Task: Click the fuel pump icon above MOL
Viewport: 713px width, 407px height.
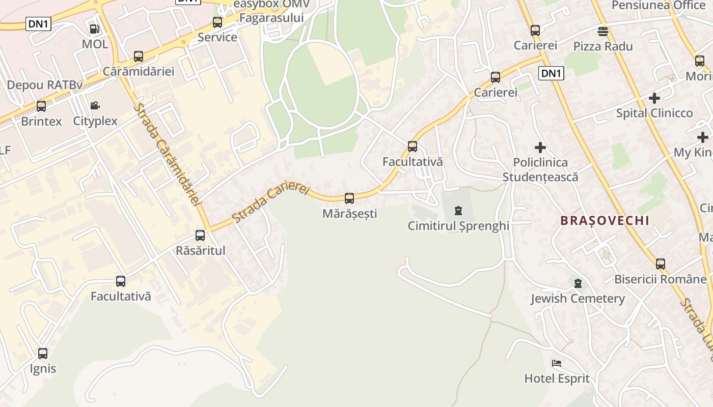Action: (x=94, y=29)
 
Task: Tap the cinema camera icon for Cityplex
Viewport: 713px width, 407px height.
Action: (x=95, y=106)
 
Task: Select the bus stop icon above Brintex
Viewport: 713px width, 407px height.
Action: (x=41, y=106)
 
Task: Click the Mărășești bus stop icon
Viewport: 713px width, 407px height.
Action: (x=349, y=198)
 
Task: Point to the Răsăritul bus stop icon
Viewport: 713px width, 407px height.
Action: (x=200, y=236)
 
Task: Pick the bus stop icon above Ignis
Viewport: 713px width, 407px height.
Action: (x=43, y=353)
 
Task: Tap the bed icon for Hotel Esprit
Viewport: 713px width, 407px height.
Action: (x=557, y=363)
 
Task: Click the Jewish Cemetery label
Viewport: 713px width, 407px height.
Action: (x=578, y=299)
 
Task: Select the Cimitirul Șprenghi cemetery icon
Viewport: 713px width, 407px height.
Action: (x=458, y=210)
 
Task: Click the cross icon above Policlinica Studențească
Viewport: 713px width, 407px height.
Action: (x=540, y=148)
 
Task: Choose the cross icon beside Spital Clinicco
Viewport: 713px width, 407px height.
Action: (x=654, y=98)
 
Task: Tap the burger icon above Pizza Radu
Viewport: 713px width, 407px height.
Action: (x=603, y=31)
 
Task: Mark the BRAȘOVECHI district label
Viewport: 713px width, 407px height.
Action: (x=605, y=221)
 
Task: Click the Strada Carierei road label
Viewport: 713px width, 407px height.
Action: (x=270, y=202)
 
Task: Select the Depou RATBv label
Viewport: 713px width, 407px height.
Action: (x=45, y=85)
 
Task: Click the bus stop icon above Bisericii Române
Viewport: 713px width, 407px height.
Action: (x=661, y=264)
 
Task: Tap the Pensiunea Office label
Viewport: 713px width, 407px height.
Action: (x=658, y=5)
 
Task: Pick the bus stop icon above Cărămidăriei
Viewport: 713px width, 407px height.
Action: (x=139, y=56)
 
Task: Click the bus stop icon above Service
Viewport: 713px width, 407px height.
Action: (x=217, y=22)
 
